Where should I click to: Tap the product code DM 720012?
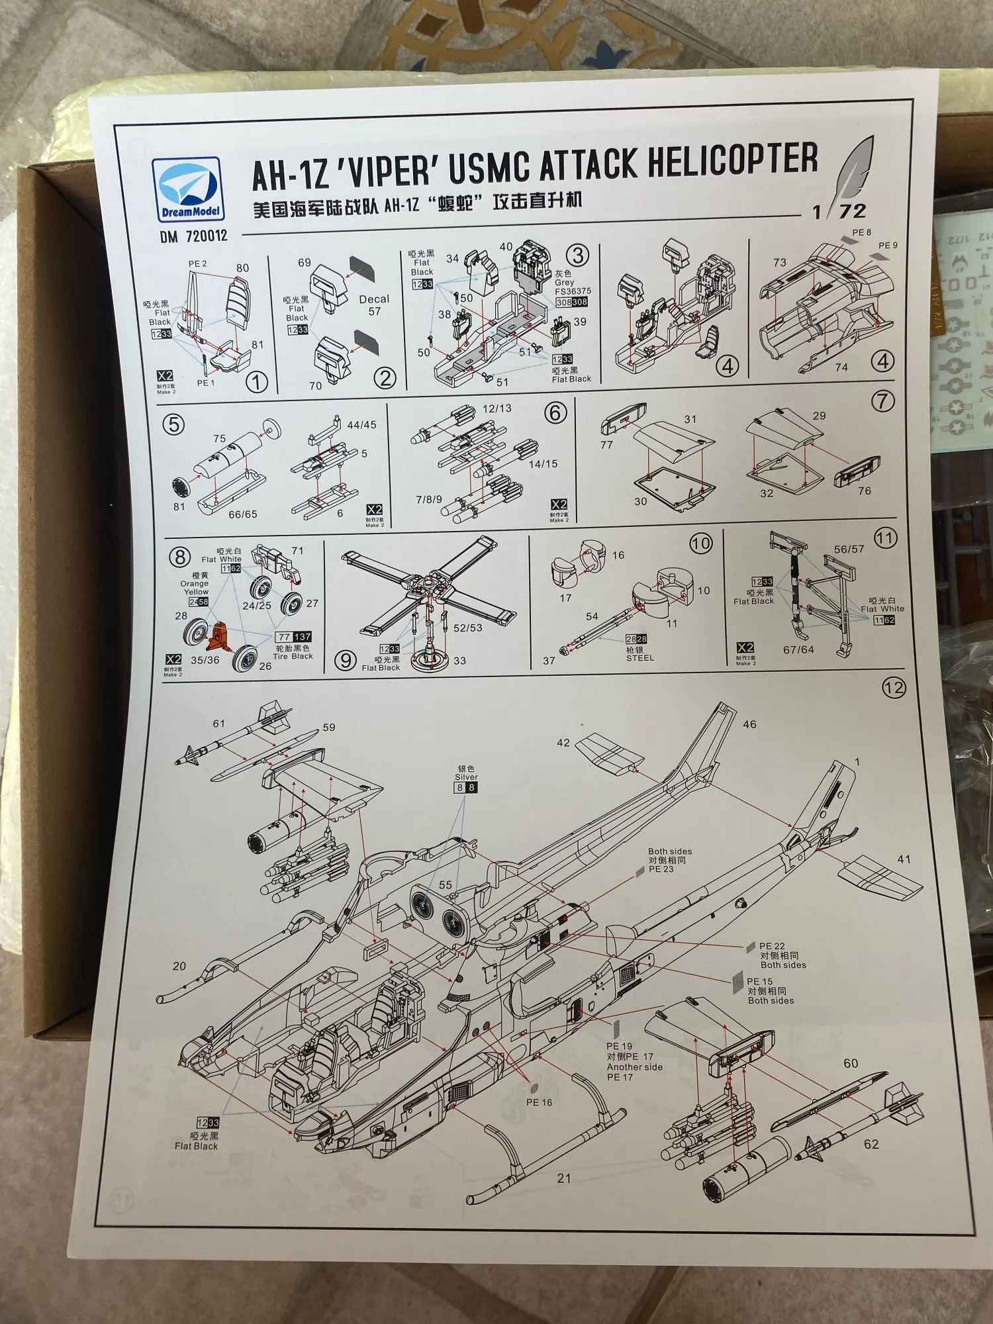[x=193, y=236]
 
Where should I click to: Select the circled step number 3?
[x=577, y=256]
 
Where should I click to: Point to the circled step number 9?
[x=345, y=660]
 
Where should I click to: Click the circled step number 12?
[x=893, y=688]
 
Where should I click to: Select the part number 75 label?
[x=219, y=438]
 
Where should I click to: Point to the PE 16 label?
[x=539, y=1102]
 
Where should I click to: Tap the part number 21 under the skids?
[x=563, y=1178]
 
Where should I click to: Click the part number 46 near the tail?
[x=749, y=725]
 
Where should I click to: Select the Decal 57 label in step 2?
[x=374, y=305]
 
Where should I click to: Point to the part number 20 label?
[x=179, y=967]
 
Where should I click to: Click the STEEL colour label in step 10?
[x=639, y=658]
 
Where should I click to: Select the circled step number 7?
[x=882, y=401]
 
